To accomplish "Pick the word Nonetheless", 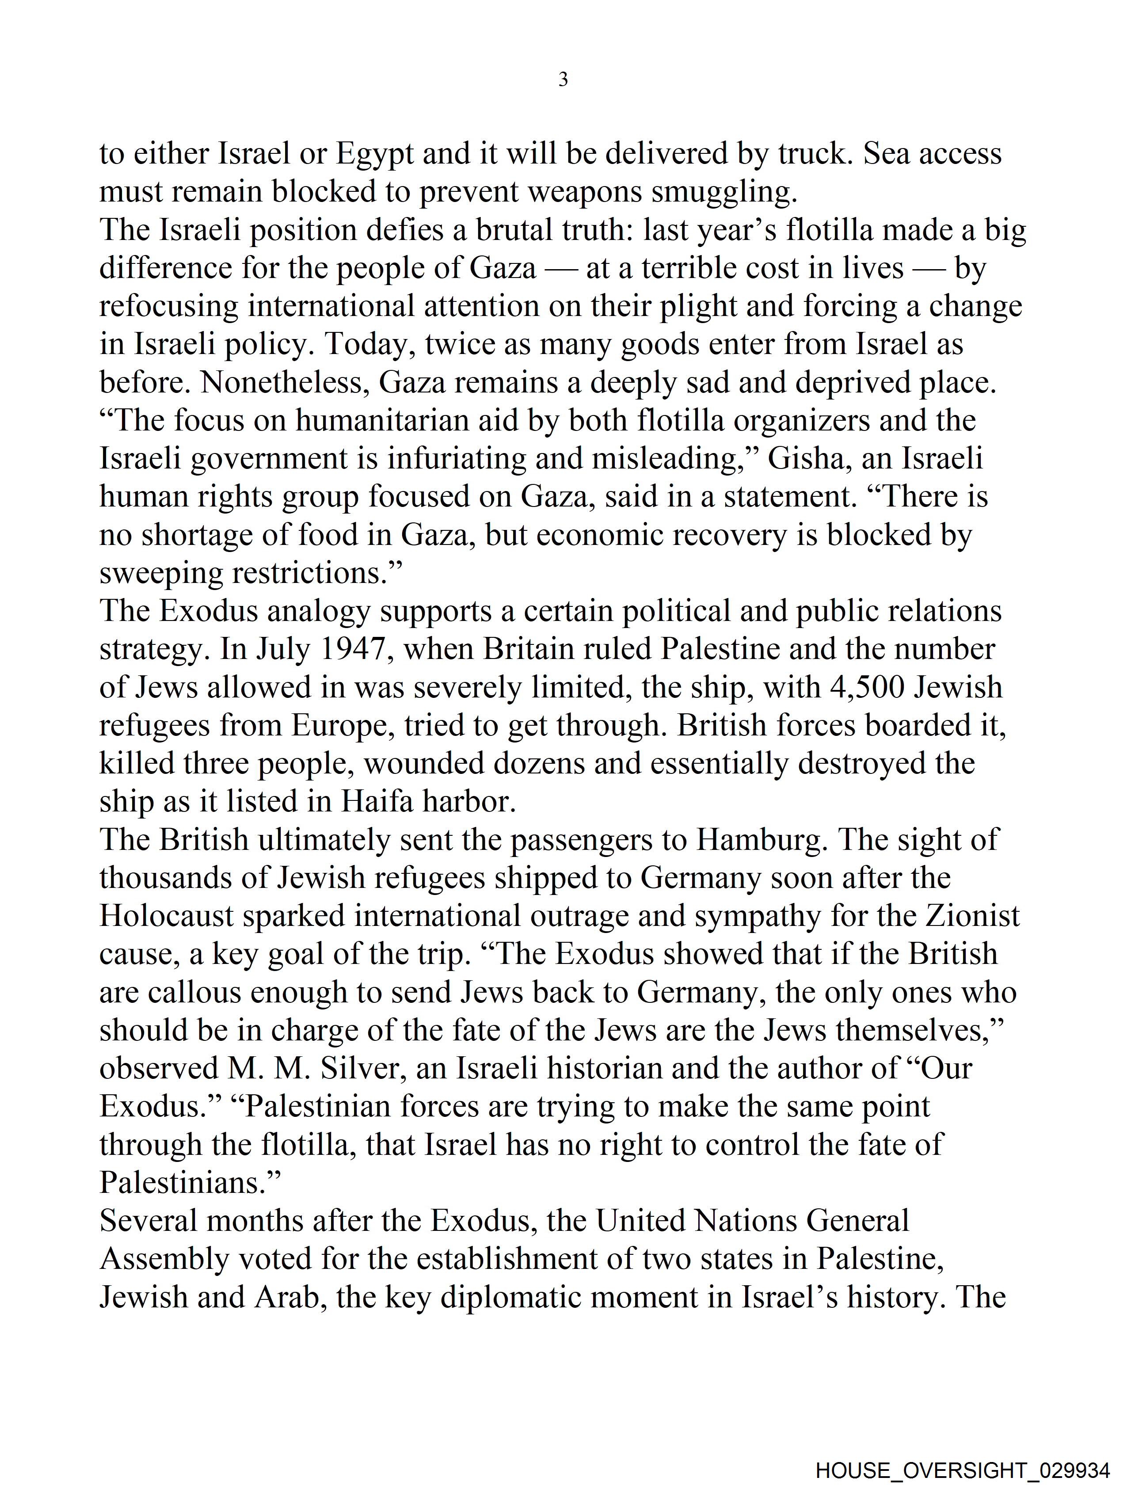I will click(x=283, y=383).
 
